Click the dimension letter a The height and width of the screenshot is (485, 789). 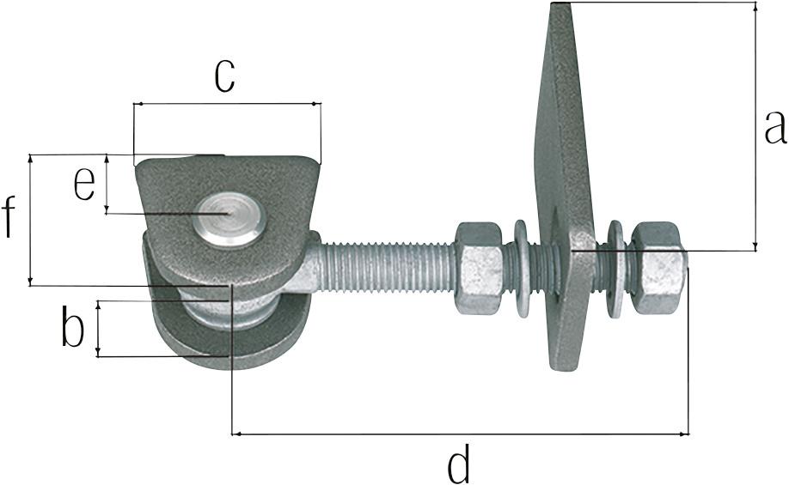(774, 127)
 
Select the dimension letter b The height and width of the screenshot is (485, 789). (73, 329)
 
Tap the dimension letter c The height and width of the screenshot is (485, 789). (225, 76)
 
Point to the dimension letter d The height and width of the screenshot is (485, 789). (460, 466)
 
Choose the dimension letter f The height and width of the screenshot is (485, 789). (9, 217)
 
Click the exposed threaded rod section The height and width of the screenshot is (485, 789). (387, 270)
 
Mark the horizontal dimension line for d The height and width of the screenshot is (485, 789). (460, 434)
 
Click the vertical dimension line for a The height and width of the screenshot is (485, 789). (755, 127)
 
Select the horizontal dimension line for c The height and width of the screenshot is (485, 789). (227, 105)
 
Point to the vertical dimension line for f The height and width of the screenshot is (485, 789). (31, 220)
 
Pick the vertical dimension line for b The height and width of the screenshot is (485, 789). (98, 328)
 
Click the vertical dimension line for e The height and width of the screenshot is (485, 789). (107, 184)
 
